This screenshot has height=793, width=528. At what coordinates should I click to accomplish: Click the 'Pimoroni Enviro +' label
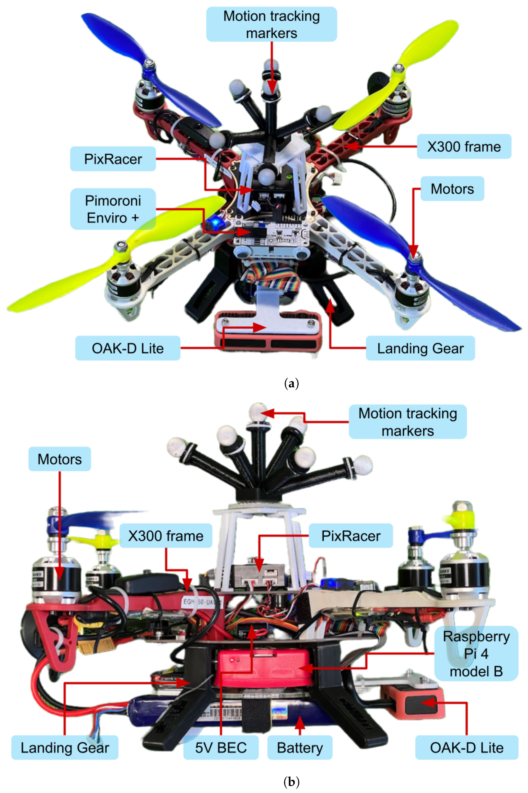113,209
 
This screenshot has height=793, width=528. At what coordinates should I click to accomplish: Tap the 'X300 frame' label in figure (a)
464,147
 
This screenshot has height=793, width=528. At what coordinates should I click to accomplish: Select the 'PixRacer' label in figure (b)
351,536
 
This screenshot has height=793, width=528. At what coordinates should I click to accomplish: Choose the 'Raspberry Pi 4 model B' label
476,654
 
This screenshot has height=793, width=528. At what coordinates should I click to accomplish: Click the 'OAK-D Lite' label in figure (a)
128,348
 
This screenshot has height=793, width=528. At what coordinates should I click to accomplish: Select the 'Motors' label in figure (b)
60,459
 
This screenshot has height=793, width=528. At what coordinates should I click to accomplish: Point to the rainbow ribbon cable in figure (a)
273,276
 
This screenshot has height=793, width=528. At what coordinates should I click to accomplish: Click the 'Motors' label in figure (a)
452,189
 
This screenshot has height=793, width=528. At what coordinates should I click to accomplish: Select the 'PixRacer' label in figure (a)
113,159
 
